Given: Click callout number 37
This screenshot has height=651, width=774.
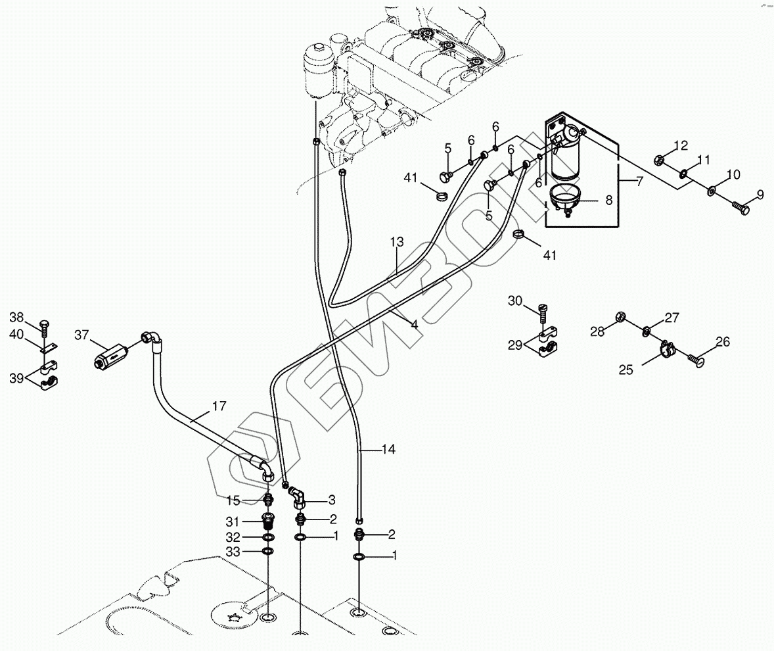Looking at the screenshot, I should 81,336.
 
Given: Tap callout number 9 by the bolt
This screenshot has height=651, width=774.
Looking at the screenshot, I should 760,195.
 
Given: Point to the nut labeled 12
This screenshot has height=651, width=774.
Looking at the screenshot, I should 661,159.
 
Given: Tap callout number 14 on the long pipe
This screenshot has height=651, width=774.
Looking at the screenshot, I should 388,450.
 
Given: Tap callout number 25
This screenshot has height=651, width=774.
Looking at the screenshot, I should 626,371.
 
